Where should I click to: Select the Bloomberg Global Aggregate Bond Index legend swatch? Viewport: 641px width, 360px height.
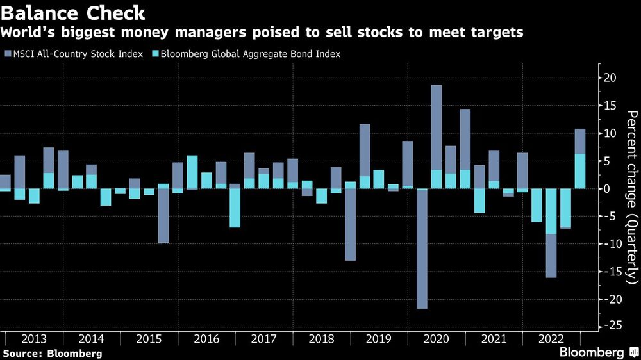(156, 54)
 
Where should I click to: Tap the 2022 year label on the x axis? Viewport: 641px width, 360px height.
(551, 340)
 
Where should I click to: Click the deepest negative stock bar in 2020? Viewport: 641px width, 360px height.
(422, 250)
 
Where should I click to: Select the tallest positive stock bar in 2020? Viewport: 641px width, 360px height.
(436, 128)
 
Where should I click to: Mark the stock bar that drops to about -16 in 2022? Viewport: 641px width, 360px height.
(551, 256)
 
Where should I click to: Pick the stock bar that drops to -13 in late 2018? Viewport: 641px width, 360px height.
(350, 224)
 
